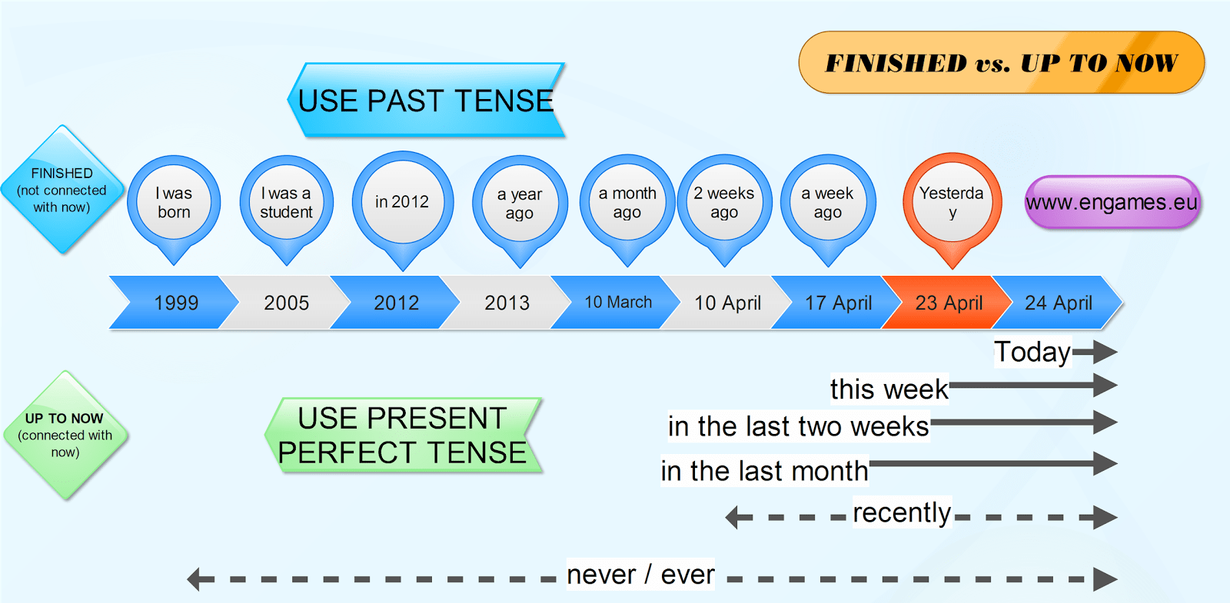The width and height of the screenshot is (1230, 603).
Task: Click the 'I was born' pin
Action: tap(174, 204)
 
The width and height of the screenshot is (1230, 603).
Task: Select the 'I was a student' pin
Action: tap(286, 204)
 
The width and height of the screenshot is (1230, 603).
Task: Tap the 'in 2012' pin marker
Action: tap(402, 202)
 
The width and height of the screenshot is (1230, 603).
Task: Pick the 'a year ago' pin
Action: tap(520, 204)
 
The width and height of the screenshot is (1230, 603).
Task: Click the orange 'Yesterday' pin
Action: tap(952, 203)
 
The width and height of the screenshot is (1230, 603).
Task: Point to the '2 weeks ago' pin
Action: tap(724, 204)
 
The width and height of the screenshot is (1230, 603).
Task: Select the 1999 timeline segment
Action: tap(175, 303)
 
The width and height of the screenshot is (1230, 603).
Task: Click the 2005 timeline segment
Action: tap(286, 303)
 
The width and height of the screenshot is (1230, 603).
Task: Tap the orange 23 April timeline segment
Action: tap(949, 303)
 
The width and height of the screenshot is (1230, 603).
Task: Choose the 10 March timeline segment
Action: tap(617, 303)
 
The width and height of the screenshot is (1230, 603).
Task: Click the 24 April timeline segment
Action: tap(1059, 303)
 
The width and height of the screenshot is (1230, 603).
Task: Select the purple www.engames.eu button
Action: tap(1112, 203)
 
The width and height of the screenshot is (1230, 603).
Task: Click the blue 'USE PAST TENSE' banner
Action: tap(426, 101)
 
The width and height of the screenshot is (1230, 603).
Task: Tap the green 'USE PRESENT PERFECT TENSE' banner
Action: tap(402, 436)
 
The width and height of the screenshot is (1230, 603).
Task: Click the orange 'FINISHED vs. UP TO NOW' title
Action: tap(1001, 63)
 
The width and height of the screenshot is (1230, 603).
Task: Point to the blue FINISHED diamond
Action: tap(61, 190)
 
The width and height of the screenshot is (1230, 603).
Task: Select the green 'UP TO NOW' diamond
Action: tap(65, 435)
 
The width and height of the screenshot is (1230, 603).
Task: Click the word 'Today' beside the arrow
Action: tap(1032, 352)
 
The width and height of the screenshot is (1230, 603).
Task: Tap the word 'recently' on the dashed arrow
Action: tap(902, 512)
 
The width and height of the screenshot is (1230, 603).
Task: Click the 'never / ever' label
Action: tap(640, 575)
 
